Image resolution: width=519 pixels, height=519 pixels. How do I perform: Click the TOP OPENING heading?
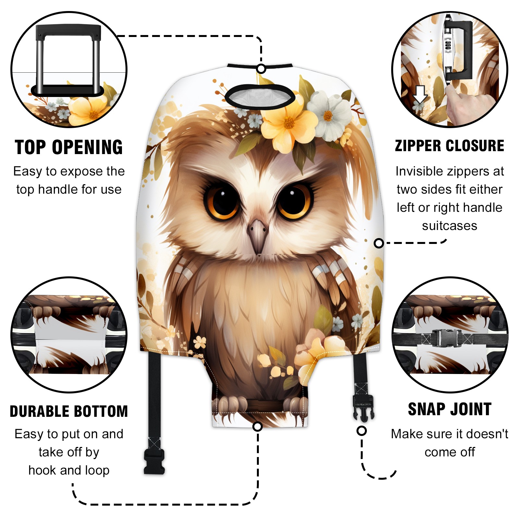pyautogui.click(x=69, y=147)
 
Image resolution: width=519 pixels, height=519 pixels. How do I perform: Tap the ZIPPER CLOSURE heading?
pyautogui.click(x=450, y=146)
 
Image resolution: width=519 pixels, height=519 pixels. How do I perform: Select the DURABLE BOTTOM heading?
pyautogui.click(x=69, y=411)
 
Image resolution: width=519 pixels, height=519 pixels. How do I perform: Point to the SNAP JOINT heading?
pyautogui.click(x=450, y=409)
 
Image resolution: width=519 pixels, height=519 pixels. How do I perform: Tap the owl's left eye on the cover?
pyautogui.click(x=222, y=201)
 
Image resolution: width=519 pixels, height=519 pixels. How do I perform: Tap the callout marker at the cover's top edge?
pyautogui.click(x=261, y=69)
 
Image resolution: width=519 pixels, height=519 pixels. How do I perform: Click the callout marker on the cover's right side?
pyautogui.click(x=379, y=243)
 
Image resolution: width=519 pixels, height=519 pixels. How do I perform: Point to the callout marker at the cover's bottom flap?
pyautogui.click(x=258, y=426)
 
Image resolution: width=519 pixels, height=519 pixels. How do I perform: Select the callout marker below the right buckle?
pyautogui.click(x=361, y=431)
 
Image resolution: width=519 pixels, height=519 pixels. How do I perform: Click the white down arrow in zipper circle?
pyautogui.click(x=420, y=94)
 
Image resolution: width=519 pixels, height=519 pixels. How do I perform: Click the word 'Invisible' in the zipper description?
pyautogui.click(x=416, y=171)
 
